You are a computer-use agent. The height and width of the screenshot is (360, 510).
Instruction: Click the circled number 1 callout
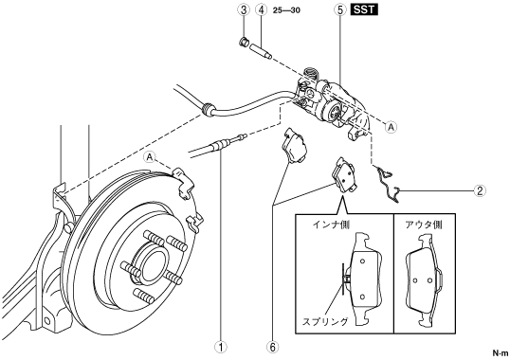(221, 347)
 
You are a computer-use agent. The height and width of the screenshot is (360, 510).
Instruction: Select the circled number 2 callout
(480, 190)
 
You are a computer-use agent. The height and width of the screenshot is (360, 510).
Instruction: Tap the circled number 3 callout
(244, 10)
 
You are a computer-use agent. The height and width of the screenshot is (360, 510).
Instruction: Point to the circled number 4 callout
(261, 10)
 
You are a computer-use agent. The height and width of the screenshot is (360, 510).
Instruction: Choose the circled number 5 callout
(340, 10)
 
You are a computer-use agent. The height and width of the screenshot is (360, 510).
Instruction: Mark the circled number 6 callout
(273, 347)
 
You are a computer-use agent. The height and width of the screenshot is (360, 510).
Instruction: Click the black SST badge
(364, 9)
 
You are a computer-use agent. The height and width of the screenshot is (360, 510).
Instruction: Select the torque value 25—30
(286, 10)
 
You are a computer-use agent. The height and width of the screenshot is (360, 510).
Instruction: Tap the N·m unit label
(500, 352)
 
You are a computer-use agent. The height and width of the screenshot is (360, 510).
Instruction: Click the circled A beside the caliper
(391, 127)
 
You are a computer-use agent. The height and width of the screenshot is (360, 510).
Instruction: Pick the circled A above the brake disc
(149, 157)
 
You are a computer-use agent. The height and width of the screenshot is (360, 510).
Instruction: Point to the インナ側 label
(331, 225)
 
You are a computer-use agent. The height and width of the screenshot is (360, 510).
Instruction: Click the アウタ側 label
(424, 225)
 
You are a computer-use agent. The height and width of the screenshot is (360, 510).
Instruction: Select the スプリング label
(325, 322)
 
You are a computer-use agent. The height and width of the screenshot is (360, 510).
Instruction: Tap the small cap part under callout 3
(244, 42)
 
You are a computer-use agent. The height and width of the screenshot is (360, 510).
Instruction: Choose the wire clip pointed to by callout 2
(388, 184)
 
